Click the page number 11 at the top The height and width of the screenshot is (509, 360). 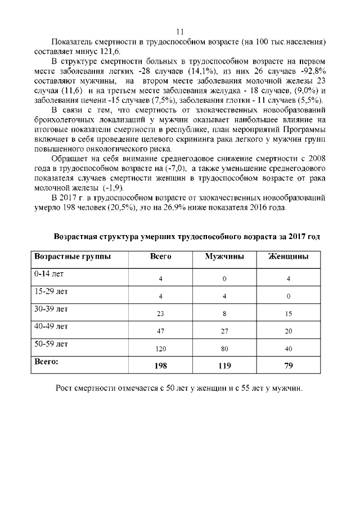click(x=180, y=31)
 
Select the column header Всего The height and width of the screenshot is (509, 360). click(x=161, y=256)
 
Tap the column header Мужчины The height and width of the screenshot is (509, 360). click(x=224, y=256)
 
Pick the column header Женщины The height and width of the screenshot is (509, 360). click(x=288, y=256)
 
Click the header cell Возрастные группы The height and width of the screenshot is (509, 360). click(x=73, y=256)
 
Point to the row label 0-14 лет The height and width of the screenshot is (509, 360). click(x=49, y=274)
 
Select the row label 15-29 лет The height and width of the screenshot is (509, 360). click(x=51, y=291)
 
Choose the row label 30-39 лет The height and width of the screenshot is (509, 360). click(x=51, y=309)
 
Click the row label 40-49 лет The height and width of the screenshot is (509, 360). click(x=51, y=326)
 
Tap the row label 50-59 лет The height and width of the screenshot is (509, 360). click(x=51, y=344)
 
